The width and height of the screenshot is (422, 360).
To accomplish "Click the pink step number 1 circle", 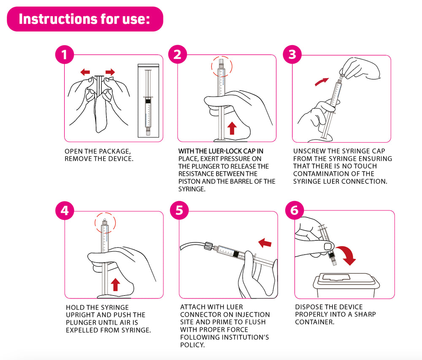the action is pyautogui.click(x=65, y=54).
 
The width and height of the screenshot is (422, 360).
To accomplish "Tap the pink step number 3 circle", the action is pyautogui.click(x=292, y=54).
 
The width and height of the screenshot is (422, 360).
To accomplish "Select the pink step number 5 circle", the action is pyautogui.click(x=179, y=210).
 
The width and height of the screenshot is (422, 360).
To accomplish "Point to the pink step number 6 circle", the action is pyautogui.click(x=295, y=210).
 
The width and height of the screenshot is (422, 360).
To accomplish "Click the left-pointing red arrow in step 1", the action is pyautogui.click(x=85, y=72).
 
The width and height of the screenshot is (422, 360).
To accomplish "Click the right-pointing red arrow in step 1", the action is pyautogui.click(x=110, y=72).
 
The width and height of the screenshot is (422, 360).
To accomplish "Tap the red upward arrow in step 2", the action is pyautogui.click(x=232, y=128).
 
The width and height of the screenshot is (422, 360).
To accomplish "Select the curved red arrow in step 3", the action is pyautogui.click(x=321, y=82).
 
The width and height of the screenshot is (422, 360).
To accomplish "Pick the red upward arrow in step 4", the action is pyautogui.click(x=115, y=285).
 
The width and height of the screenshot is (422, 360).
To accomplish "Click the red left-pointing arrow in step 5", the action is pyautogui.click(x=265, y=243).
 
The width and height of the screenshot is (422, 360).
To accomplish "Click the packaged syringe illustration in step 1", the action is pyautogui.click(x=148, y=101).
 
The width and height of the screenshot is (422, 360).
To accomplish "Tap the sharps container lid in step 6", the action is pyautogui.click(x=346, y=279).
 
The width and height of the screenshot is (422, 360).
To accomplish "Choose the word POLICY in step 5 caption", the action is pyautogui.click(x=192, y=345).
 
